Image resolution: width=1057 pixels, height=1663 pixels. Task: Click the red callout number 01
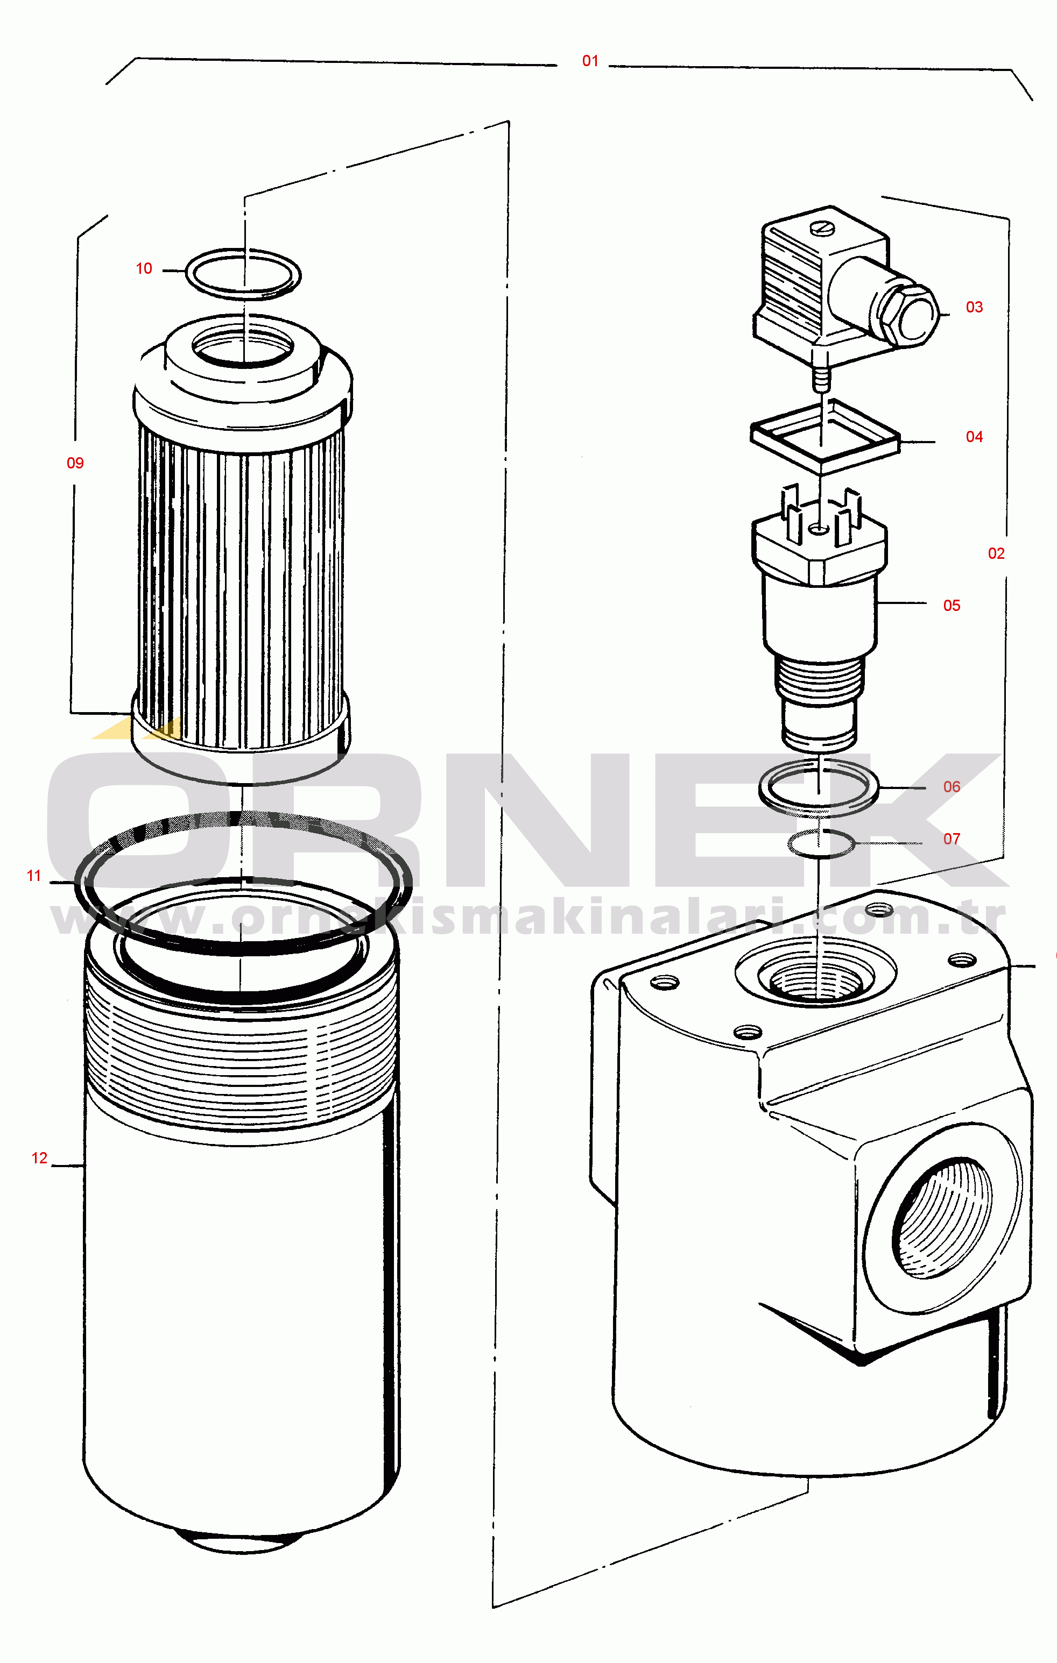(x=590, y=61)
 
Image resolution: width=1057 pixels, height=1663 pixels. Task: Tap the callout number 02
(x=996, y=553)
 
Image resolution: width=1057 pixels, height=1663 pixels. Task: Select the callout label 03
(x=974, y=307)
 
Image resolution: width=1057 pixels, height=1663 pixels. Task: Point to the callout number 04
(x=974, y=437)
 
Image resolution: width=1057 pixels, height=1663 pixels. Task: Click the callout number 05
(x=952, y=606)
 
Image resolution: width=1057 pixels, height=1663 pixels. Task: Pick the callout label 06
(x=952, y=787)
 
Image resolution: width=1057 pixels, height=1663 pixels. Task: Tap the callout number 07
(x=952, y=839)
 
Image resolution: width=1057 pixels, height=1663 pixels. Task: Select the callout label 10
(x=144, y=268)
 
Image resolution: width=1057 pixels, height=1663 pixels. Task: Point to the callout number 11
(x=34, y=876)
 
